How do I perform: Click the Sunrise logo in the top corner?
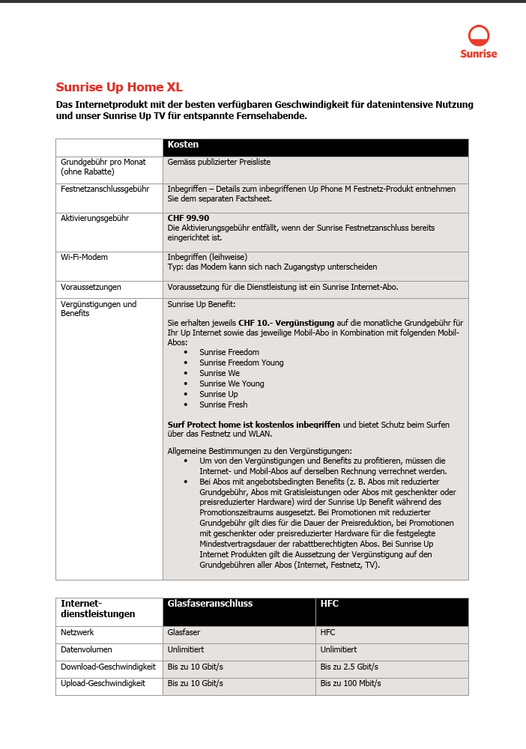pyautogui.click(x=479, y=41)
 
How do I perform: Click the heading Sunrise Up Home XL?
pyautogui.click(x=119, y=87)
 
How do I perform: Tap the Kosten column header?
pyautogui.click(x=184, y=145)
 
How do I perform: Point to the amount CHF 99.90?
pyautogui.click(x=188, y=218)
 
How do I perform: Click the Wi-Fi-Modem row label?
pyautogui.click(x=84, y=257)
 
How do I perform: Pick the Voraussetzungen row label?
pyautogui.click(x=91, y=287)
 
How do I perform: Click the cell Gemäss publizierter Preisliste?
pyautogui.click(x=219, y=161)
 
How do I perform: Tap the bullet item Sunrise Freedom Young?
pyautogui.click(x=241, y=363)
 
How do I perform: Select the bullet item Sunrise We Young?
pyautogui.click(x=232, y=383)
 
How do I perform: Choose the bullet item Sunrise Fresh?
pyautogui.click(x=223, y=404)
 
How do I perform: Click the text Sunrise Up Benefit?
pyautogui.click(x=201, y=304)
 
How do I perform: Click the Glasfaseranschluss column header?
pyautogui.click(x=210, y=604)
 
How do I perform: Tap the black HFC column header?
pyautogui.click(x=330, y=604)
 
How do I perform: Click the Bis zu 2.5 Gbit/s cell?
pyautogui.click(x=349, y=667)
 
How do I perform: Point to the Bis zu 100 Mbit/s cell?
pyautogui.click(x=351, y=683)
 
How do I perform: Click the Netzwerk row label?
pyautogui.click(x=78, y=632)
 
